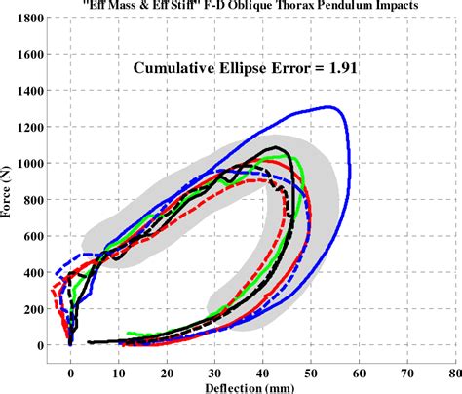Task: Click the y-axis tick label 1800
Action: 29,19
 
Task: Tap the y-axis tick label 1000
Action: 29,163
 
